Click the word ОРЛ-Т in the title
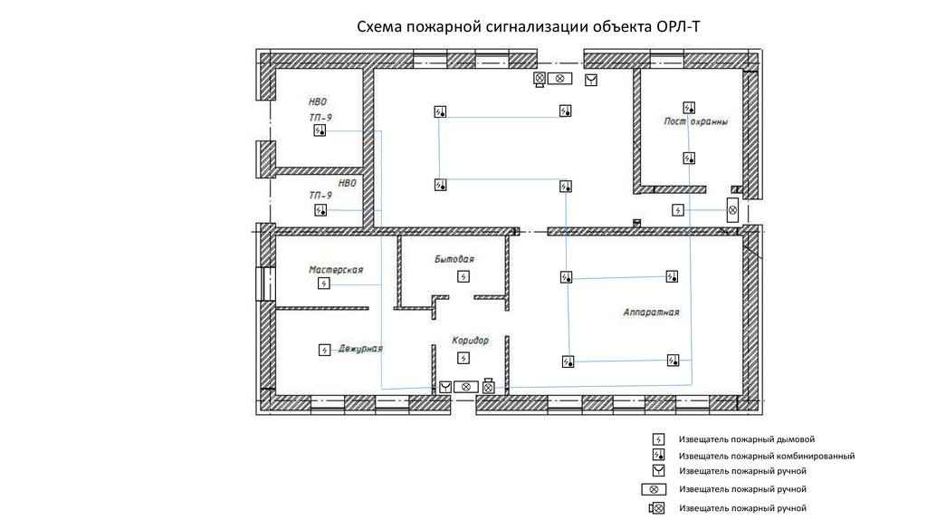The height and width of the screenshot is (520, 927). (678, 26)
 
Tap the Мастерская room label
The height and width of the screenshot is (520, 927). (336, 270)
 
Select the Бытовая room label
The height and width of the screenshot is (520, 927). (454, 259)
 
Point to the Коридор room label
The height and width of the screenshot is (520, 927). (470, 340)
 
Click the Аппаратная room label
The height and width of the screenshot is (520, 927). (651, 312)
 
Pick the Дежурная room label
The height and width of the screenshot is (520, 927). (360, 349)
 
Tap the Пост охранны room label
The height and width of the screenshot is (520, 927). (695, 121)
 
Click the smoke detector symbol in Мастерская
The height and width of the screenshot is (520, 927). (323, 284)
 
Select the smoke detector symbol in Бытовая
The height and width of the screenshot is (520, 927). (463, 276)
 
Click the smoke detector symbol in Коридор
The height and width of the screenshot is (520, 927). (463, 358)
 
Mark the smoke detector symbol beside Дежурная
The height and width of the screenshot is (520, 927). (325, 351)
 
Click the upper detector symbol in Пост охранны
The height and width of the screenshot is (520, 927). (689, 108)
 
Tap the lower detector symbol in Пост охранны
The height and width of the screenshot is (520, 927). (689, 158)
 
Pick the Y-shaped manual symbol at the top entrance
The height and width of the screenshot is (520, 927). (591, 80)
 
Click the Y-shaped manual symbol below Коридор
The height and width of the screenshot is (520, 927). (445, 387)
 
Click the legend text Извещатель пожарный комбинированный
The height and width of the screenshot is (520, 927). (767, 456)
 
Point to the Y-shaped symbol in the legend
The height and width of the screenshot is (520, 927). (658, 471)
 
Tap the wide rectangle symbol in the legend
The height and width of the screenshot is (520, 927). (654, 489)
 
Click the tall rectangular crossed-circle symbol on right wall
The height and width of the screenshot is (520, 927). (732, 210)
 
